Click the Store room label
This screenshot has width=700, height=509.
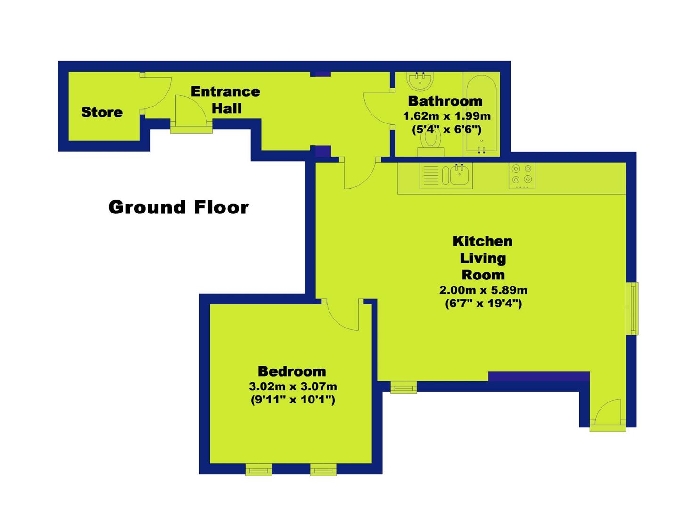click(x=102, y=112)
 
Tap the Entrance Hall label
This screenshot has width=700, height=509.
click(x=226, y=100)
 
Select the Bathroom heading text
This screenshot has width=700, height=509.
click(x=445, y=101)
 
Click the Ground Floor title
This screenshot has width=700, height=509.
click(x=179, y=207)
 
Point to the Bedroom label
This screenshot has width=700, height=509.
click(x=292, y=371)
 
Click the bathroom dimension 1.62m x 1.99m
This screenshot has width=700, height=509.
click(x=447, y=116)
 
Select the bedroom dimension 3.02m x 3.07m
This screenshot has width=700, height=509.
click(x=293, y=386)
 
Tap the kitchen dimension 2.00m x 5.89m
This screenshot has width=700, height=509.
click(x=484, y=290)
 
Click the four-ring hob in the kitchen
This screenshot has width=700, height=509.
click(x=522, y=176)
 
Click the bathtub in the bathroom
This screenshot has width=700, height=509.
click(x=482, y=114)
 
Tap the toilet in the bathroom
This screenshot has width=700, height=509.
click(x=431, y=141)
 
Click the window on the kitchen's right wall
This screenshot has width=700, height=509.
click(x=632, y=309)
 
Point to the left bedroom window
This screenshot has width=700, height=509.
click(x=258, y=469)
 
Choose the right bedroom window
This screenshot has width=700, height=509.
click(x=323, y=469)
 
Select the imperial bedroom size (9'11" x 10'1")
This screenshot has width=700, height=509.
click(x=293, y=400)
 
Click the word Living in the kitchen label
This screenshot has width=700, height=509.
click(x=483, y=259)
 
